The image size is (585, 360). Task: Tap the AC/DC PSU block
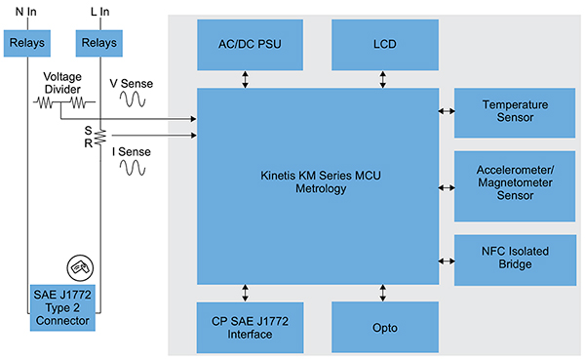point(245,44)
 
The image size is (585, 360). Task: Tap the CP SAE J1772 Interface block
point(245,327)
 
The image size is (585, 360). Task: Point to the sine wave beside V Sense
point(134,99)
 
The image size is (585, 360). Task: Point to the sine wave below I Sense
point(134,167)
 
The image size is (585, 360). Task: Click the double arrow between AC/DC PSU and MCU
point(245,77)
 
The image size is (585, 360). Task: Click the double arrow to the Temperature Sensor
point(446,111)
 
